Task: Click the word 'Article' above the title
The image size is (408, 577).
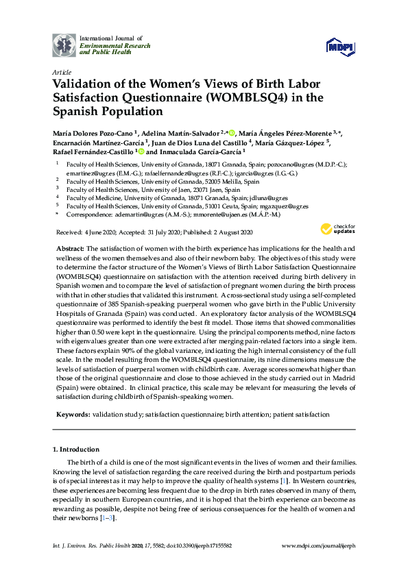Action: (x=61, y=71)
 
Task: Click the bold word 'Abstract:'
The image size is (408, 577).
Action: (x=71, y=249)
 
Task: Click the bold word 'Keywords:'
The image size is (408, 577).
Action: (x=72, y=415)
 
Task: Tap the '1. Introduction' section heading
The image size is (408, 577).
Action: (x=76, y=450)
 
